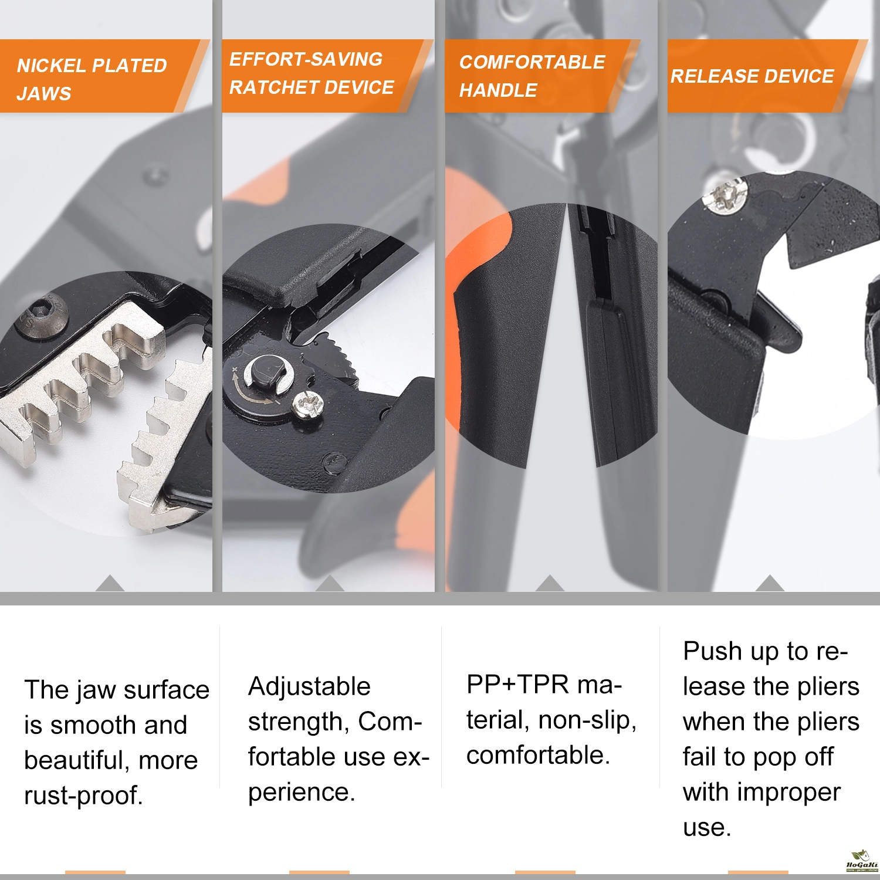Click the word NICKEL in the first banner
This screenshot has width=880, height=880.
point(52,66)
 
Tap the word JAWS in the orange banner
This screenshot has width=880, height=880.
point(44,94)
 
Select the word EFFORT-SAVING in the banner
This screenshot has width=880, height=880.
point(306,59)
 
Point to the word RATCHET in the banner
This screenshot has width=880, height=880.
point(272,87)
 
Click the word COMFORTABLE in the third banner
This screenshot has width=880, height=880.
point(532,62)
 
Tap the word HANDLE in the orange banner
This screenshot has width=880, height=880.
point(498,90)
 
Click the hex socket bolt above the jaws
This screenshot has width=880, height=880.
point(41,317)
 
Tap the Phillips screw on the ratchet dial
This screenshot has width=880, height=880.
point(309,404)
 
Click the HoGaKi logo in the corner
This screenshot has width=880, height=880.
point(861,862)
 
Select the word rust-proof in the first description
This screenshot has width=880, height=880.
point(84,796)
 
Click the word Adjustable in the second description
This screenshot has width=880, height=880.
point(309,686)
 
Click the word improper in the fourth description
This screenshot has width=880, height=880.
point(789,793)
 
